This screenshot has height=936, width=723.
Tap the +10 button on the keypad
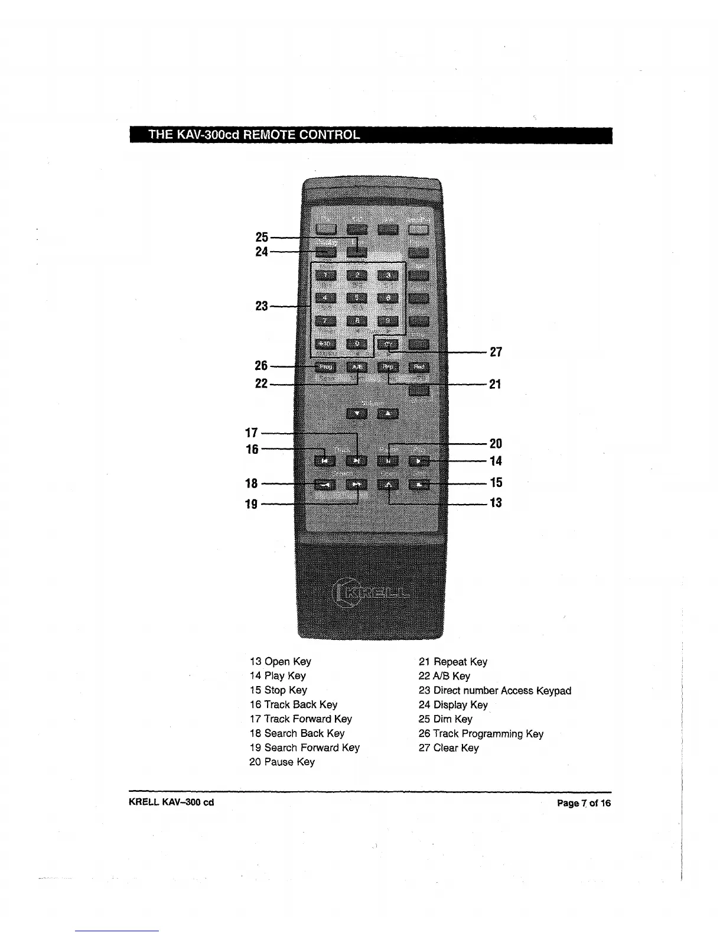pos(324,344)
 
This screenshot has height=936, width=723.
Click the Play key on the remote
pos(419,460)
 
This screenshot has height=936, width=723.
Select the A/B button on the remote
pos(357,367)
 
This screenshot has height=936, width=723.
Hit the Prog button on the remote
pos(324,367)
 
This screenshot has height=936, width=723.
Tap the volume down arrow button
pos(357,413)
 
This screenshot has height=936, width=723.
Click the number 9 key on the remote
pos(388,321)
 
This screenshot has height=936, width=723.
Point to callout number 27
pos(496,352)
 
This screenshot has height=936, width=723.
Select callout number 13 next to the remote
pos(496,503)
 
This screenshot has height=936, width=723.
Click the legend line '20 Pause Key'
pos(282,762)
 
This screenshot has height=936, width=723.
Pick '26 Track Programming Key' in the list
pos(481,734)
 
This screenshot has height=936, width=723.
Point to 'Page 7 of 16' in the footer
pos(584,803)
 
